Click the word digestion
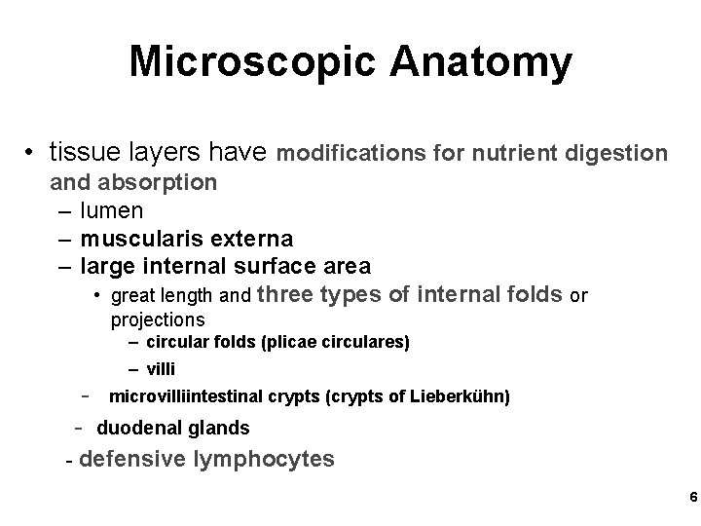click(x=609, y=153)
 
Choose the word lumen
click(x=114, y=209)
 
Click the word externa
click(x=250, y=238)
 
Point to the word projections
click(x=158, y=319)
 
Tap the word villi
click(x=162, y=369)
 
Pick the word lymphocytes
click(x=268, y=459)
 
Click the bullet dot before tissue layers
click(x=31, y=154)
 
